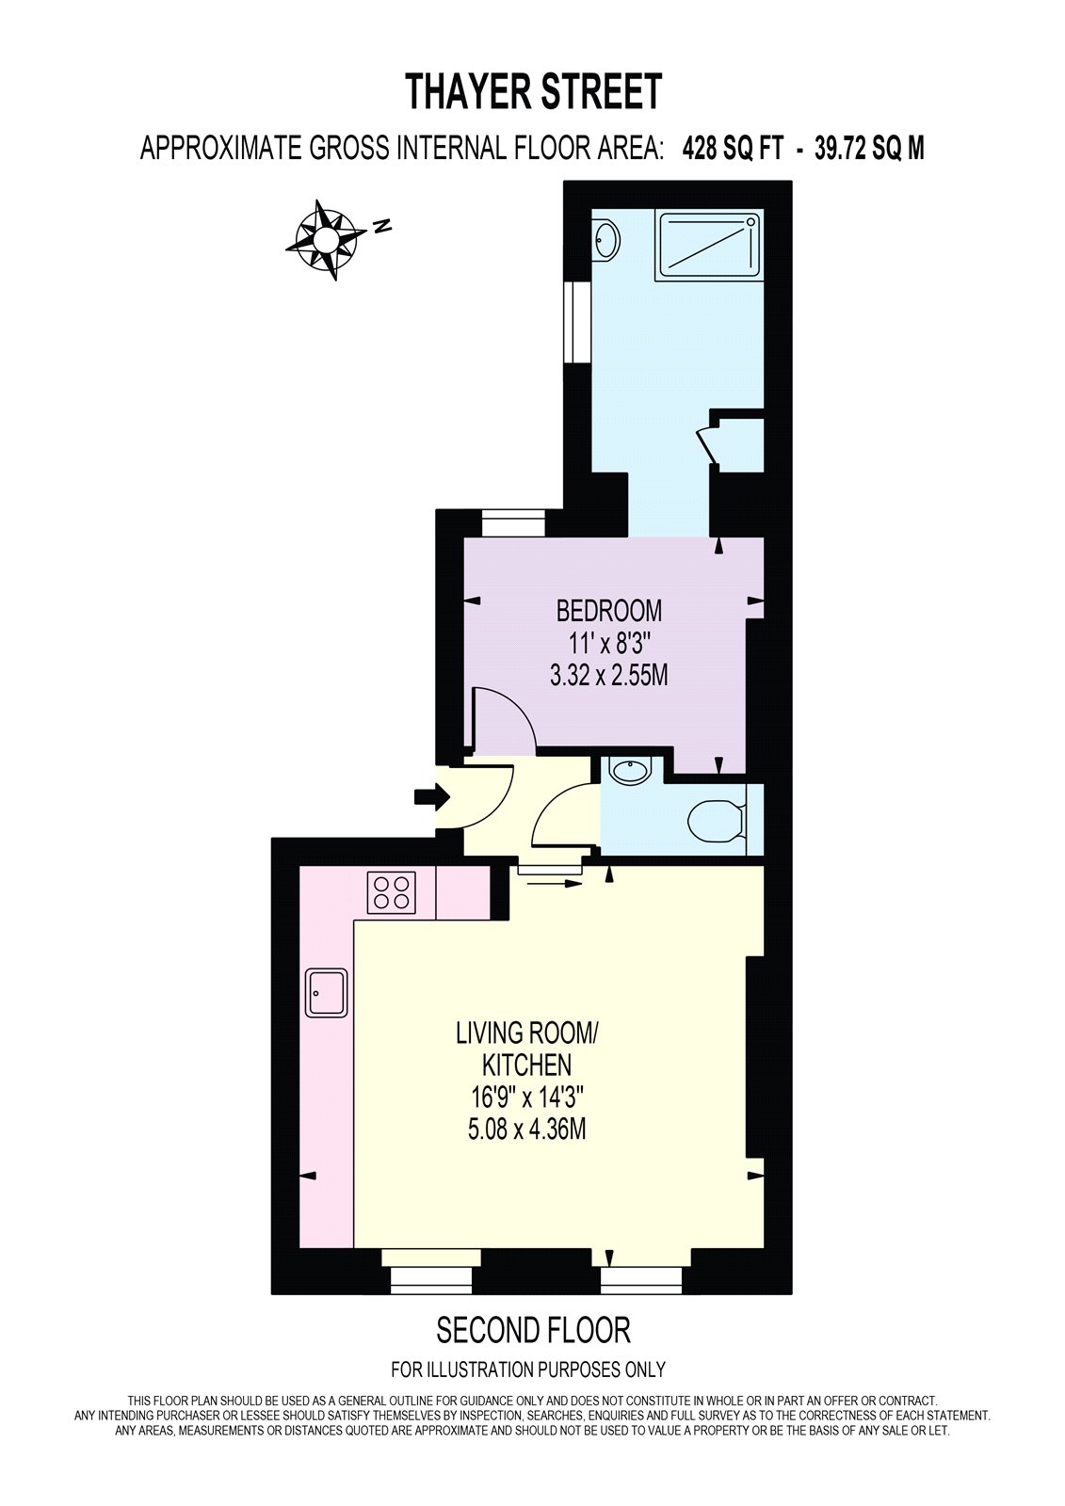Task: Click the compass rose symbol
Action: tap(327, 239)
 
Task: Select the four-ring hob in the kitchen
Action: tap(392, 892)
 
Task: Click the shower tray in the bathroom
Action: tap(711, 244)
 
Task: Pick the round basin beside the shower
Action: tap(606, 240)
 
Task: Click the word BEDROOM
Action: tap(608, 611)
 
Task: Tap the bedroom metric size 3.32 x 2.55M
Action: tap(609, 676)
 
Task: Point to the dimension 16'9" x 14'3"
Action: tap(526, 1097)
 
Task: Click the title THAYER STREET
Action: tap(534, 92)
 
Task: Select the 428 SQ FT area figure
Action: tap(733, 149)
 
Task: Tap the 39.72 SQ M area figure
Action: tap(869, 149)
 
